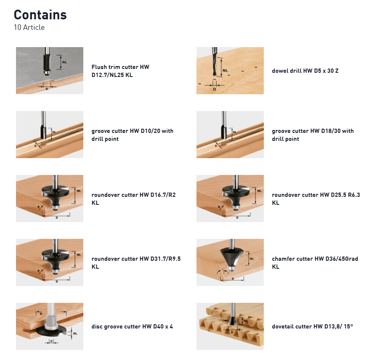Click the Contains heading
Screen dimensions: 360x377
[x=40, y=15]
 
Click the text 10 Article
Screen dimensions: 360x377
[x=29, y=28]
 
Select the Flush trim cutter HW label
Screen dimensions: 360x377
[x=120, y=71]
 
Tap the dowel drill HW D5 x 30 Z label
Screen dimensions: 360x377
[x=305, y=71]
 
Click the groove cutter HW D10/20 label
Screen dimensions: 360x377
[x=132, y=135]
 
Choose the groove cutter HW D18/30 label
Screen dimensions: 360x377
[x=313, y=135]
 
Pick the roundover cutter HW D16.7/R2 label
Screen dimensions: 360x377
[x=133, y=199]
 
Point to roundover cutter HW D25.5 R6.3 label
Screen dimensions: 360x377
[x=316, y=199]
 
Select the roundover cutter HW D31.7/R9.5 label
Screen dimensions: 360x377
[x=136, y=262]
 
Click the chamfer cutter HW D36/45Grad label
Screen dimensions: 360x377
[x=315, y=262]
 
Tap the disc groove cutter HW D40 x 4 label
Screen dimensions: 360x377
[x=132, y=326]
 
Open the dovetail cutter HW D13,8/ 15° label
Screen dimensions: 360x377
[x=312, y=326]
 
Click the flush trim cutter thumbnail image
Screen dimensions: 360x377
[x=50, y=71]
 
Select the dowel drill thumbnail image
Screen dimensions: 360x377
[x=230, y=71]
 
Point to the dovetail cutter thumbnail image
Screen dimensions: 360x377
[x=230, y=326]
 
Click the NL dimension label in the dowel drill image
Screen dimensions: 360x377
[x=226, y=70]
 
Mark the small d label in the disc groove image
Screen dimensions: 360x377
[x=51, y=341]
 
